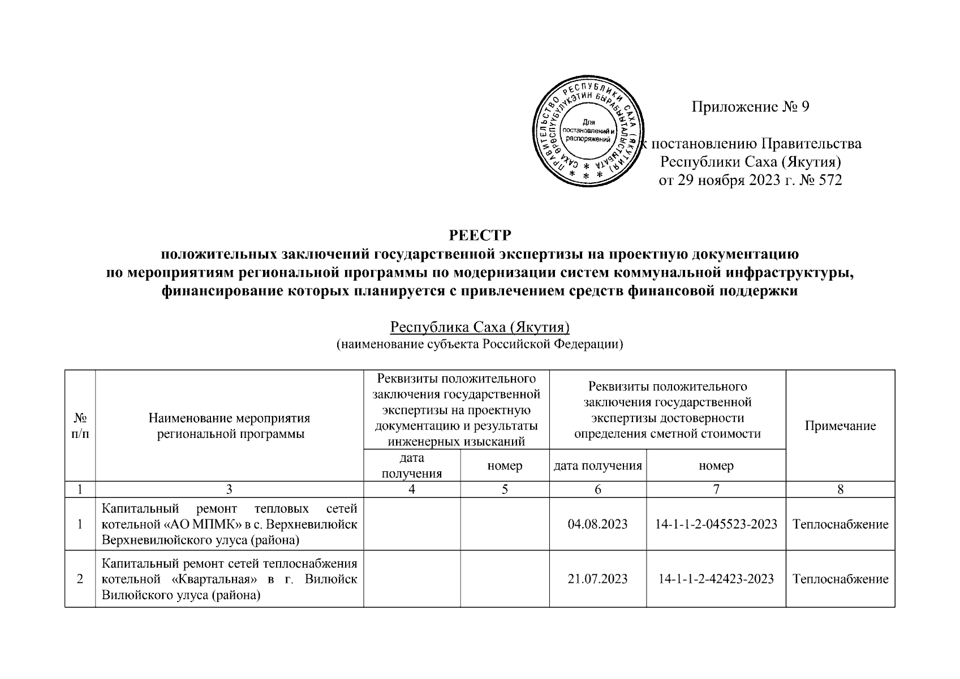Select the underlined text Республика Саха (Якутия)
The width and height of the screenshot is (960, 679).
[x=479, y=328]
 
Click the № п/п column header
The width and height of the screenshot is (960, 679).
[x=80, y=426]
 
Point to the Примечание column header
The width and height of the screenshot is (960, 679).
[x=840, y=426]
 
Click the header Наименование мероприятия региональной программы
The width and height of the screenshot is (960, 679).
[x=229, y=426]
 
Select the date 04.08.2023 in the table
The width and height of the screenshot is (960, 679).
[x=597, y=524]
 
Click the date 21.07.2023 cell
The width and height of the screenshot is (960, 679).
[x=597, y=579]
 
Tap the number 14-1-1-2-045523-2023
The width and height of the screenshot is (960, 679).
[x=716, y=524]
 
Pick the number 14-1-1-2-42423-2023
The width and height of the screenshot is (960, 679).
[x=716, y=579]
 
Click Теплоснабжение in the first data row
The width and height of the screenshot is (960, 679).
[x=840, y=524]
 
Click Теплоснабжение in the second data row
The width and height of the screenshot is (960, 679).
[x=840, y=579]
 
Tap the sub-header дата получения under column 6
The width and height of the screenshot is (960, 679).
[x=597, y=466]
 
